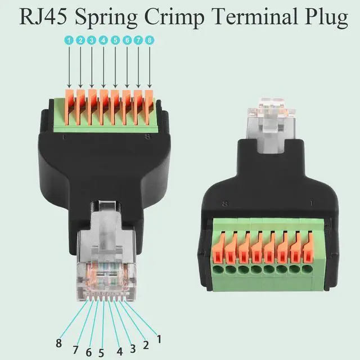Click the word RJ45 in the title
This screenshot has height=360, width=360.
pos(43,17)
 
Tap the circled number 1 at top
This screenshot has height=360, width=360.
pos(69,40)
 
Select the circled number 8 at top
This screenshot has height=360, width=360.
pos(150,40)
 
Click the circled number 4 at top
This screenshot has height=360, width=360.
pos(103,40)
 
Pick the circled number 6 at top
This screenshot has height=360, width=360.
pos(127,40)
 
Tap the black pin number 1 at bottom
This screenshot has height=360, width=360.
pos(159,339)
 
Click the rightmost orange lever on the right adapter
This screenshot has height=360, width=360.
pos(307,247)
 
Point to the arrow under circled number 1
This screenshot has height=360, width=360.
pos(69,67)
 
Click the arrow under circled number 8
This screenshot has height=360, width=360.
pos(150,67)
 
